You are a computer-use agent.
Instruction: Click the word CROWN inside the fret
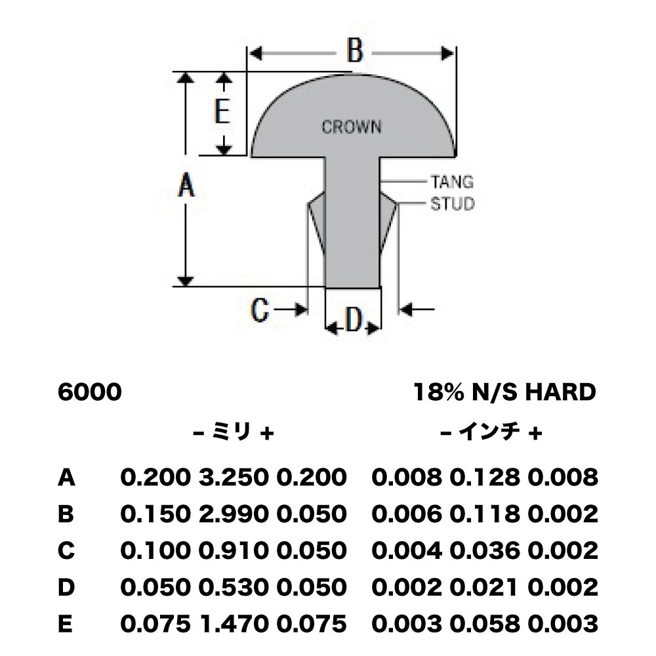click(x=352, y=127)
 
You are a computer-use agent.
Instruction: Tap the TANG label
click(x=452, y=182)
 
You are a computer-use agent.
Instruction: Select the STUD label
click(x=453, y=204)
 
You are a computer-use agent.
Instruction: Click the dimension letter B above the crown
click(x=355, y=51)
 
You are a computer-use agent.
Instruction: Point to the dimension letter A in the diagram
click(x=186, y=186)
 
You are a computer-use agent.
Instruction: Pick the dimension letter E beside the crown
click(x=222, y=112)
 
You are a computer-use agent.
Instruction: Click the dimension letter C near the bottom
click(x=259, y=310)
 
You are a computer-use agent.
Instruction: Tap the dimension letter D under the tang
click(x=354, y=320)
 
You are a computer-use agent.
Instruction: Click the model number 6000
click(x=89, y=392)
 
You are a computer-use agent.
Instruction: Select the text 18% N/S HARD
click(x=504, y=392)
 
